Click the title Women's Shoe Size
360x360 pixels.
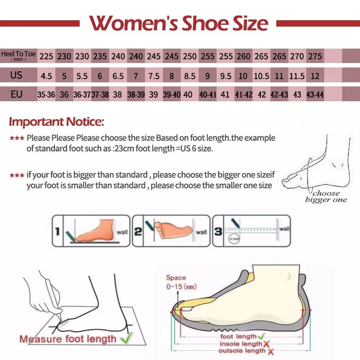tap(179, 22)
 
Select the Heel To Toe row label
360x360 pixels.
tap(18, 56)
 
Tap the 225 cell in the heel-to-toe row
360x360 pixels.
tap(46, 57)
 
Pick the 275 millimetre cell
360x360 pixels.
tap(315, 57)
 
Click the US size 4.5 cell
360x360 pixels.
tap(46, 76)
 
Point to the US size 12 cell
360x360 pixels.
tap(315, 76)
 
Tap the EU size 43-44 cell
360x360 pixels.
tap(315, 95)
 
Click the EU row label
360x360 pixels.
tap(17, 94)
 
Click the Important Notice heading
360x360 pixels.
tap(57, 121)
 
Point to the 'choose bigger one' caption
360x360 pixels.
tap(326, 196)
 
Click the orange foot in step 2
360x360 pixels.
tap(173, 229)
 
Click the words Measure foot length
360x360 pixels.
tap(67, 338)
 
